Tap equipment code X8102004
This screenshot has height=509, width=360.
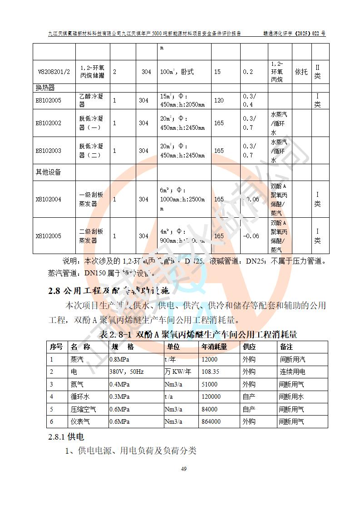coord(48,199)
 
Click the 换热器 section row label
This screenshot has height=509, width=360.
coord(45,87)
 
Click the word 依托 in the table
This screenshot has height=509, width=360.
coord(301,72)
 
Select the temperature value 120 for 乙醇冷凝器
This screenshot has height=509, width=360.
coord(219,100)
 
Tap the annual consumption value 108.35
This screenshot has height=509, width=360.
coord(210,372)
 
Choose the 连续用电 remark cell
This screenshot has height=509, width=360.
coord(292,372)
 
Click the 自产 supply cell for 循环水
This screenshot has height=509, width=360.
coord(248,396)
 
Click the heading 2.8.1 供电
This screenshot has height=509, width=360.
coord(66,437)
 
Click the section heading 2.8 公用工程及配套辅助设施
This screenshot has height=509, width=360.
coord(108,290)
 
